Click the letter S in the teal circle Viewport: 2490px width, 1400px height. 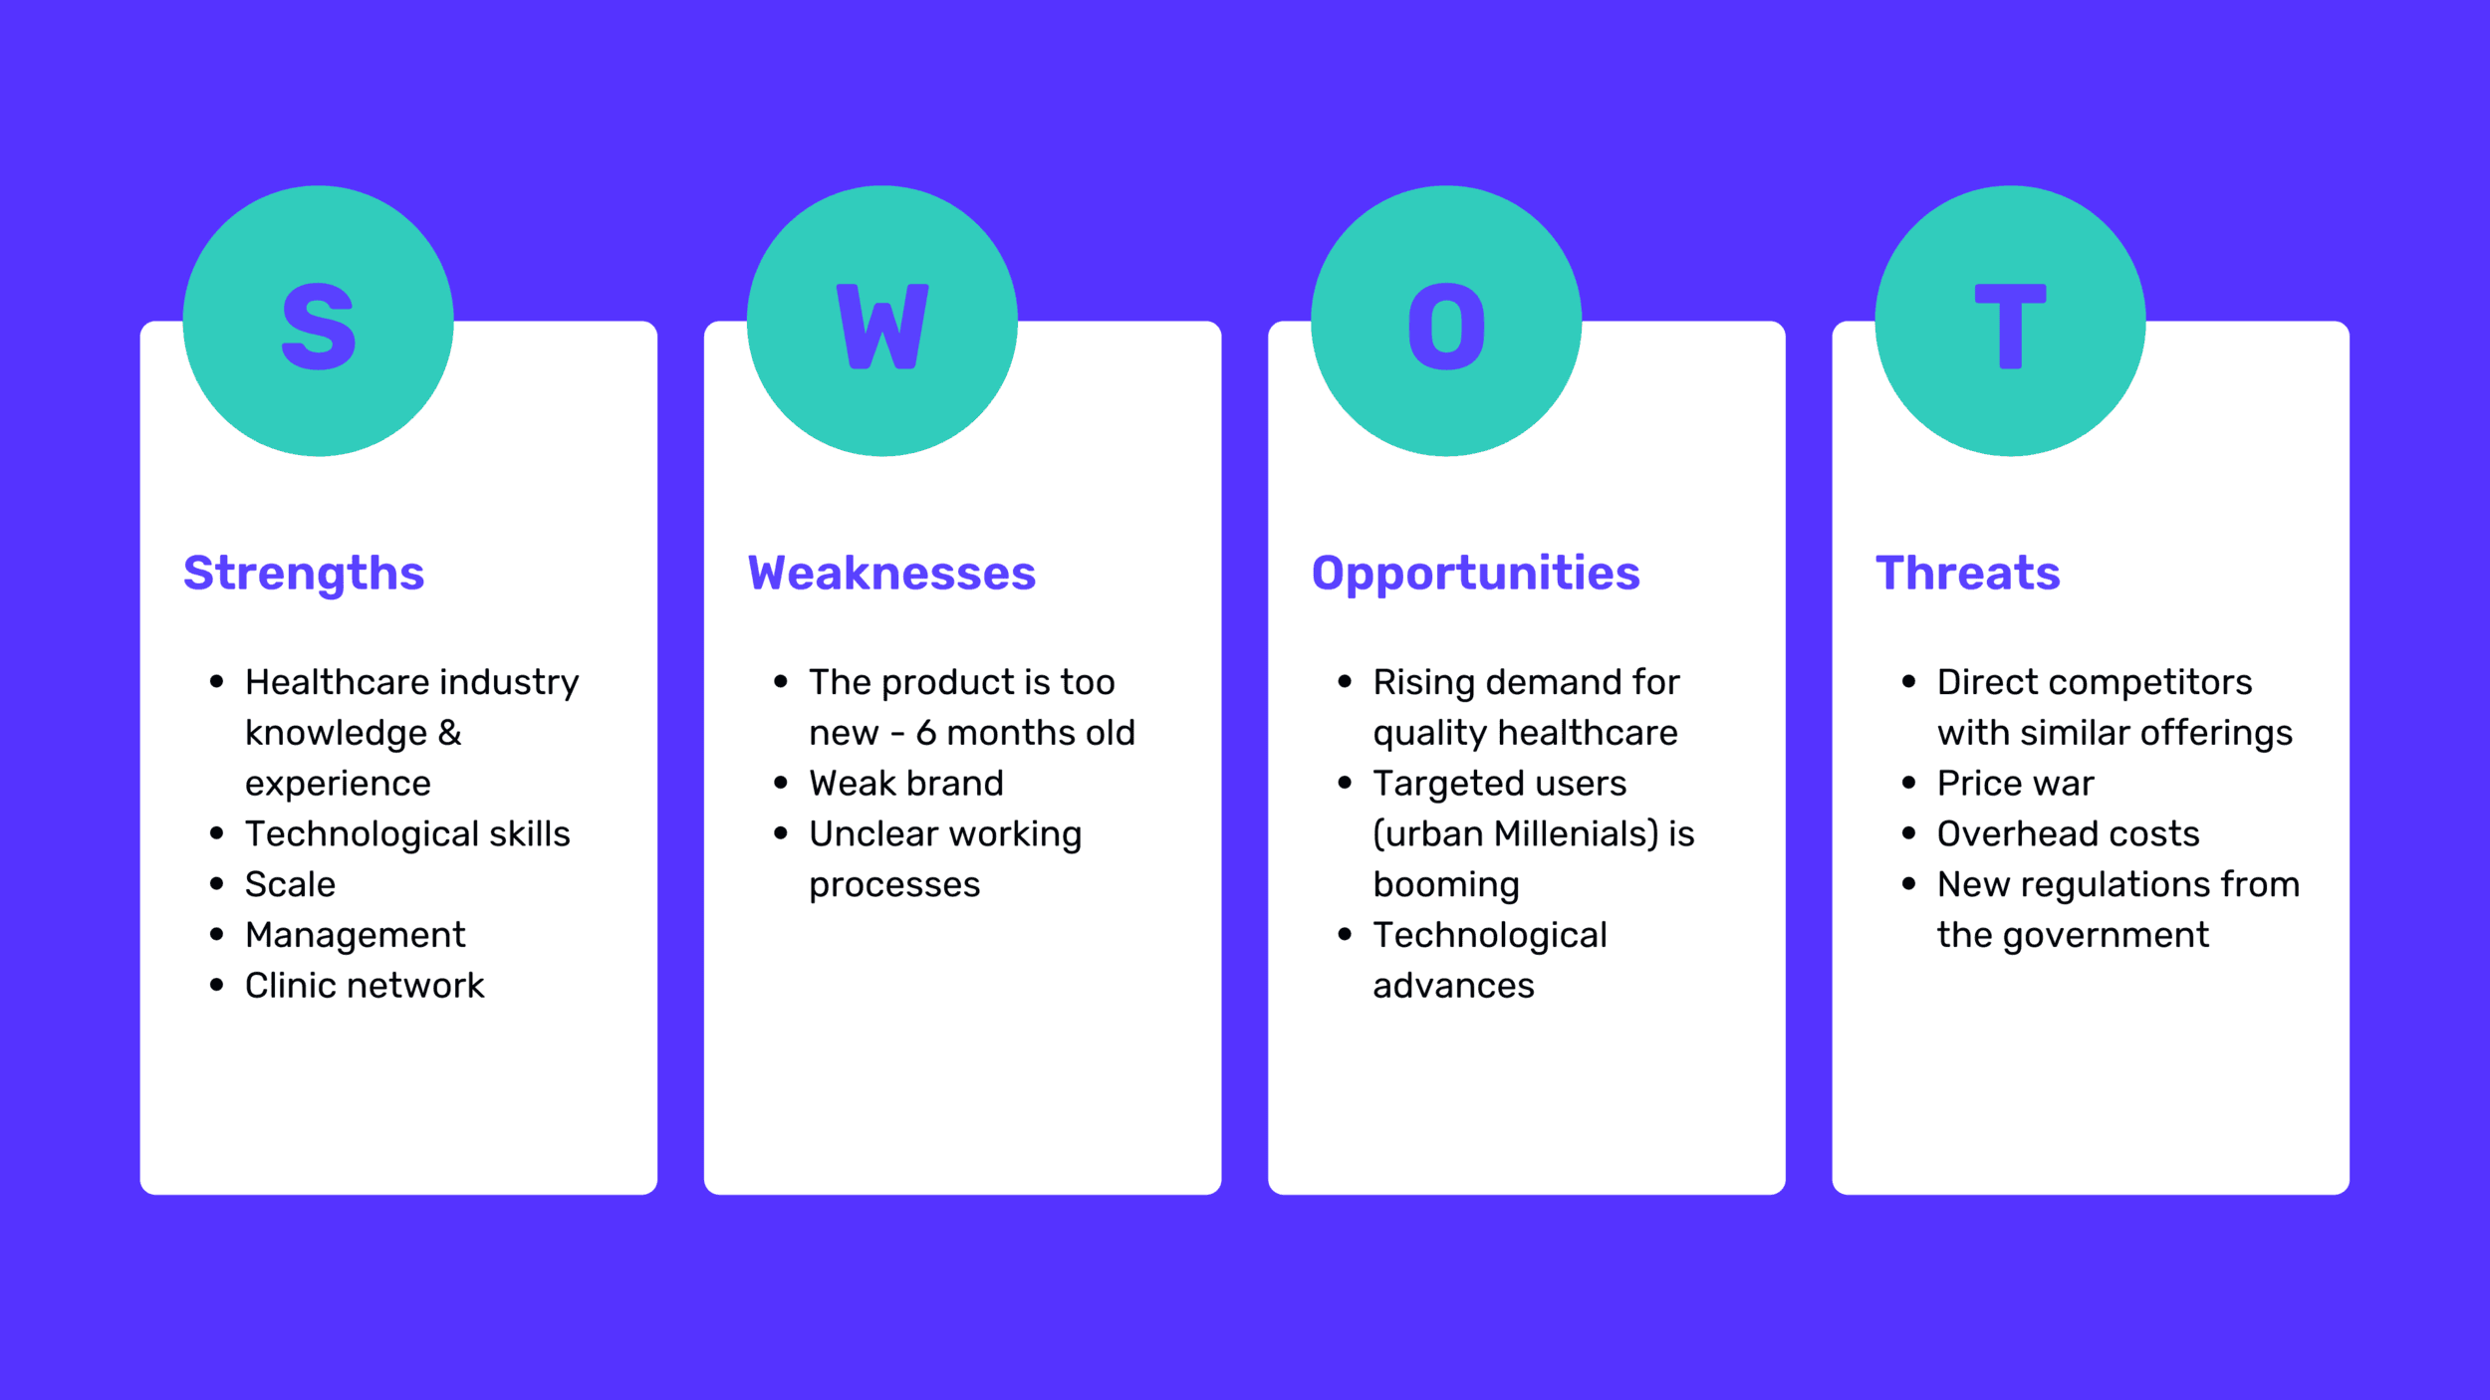click(x=319, y=327)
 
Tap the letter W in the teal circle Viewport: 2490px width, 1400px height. click(x=882, y=327)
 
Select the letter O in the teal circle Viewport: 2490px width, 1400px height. click(x=1446, y=327)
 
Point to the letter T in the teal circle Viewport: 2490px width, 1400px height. click(x=2010, y=327)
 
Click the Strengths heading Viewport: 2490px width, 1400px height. click(x=304, y=575)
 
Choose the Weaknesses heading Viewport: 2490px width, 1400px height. click(x=891, y=574)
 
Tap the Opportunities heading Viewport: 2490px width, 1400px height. click(x=1475, y=575)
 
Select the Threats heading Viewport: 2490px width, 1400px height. click(x=1967, y=574)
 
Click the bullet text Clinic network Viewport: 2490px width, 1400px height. click(x=365, y=986)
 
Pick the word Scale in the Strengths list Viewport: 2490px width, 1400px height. click(x=290, y=884)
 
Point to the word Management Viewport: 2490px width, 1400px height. click(x=356, y=936)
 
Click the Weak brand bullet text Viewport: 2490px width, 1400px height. click(x=906, y=784)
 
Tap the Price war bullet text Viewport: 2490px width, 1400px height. click(x=2015, y=784)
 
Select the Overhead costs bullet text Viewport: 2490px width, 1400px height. click(x=2068, y=833)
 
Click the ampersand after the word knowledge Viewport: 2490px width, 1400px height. click(x=449, y=733)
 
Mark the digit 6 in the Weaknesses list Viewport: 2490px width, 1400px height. click(x=926, y=733)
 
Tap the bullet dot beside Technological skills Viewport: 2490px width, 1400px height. click(x=217, y=833)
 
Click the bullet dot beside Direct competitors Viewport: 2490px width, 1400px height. click(x=1908, y=682)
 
